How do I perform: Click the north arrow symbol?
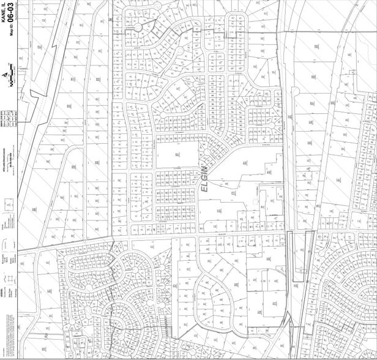[x=6, y=73]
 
